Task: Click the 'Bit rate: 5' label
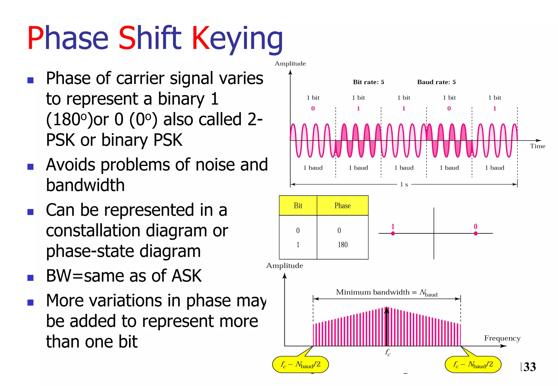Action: (x=368, y=82)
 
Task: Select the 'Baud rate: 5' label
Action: (x=436, y=82)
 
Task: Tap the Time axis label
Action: (x=537, y=146)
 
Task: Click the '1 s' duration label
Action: (x=404, y=185)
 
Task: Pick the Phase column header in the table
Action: (x=342, y=206)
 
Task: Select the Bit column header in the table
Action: (x=298, y=206)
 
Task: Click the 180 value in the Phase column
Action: (x=342, y=244)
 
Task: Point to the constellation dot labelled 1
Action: (x=393, y=233)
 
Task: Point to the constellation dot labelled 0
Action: (x=475, y=233)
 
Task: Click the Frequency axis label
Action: (x=502, y=338)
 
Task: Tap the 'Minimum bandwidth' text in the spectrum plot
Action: (x=372, y=292)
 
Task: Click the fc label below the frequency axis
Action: (x=387, y=352)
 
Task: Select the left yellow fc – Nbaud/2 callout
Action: (x=301, y=364)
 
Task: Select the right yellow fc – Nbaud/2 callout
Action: (x=473, y=364)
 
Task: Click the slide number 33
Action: (x=529, y=367)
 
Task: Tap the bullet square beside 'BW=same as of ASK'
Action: (x=31, y=278)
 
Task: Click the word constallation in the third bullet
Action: (x=93, y=230)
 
